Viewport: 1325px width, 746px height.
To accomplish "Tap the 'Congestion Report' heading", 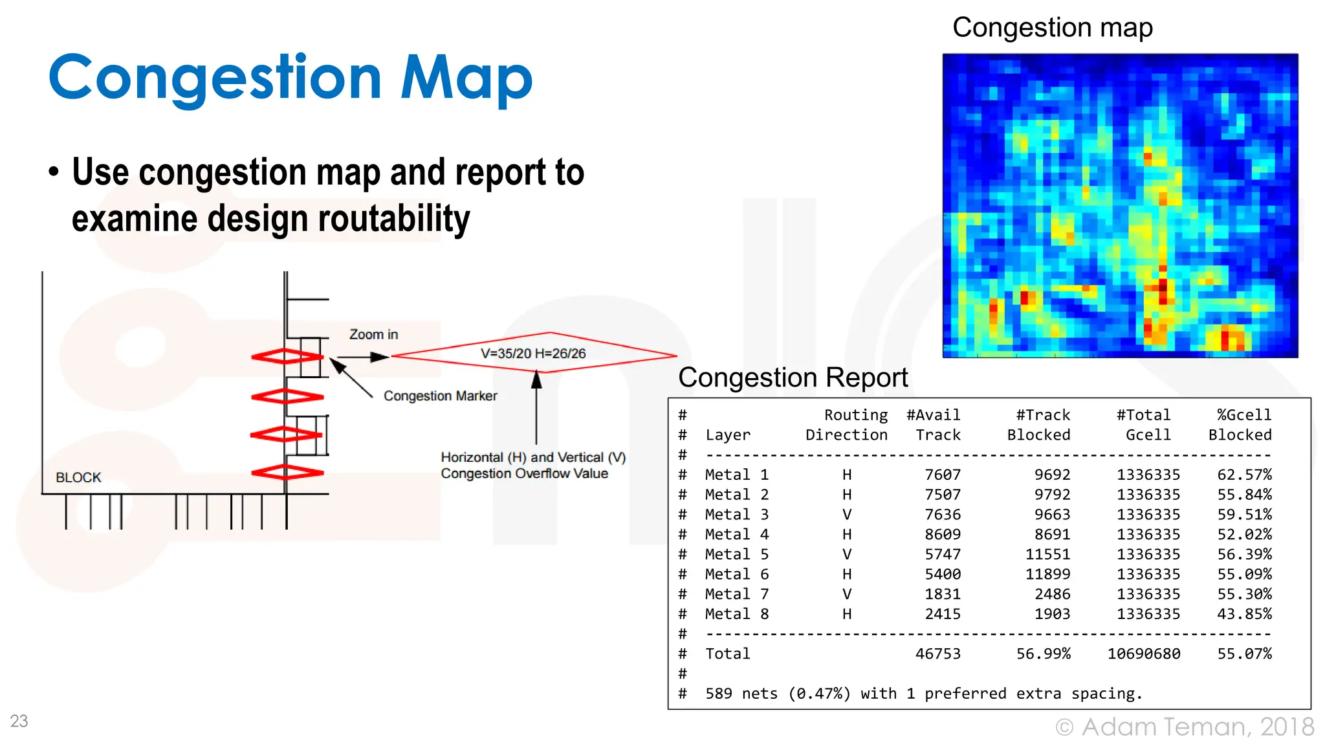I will tap(793, 378).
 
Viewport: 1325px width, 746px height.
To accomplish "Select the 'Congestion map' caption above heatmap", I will tap(1052, 28).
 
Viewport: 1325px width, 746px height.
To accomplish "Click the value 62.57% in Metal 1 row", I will tap(1243, 475).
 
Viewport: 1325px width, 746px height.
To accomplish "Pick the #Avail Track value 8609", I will tap(942, 534).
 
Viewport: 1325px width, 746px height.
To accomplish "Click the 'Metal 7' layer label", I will tap(736, 594).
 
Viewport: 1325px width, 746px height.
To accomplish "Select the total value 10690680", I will tap(1143, 654).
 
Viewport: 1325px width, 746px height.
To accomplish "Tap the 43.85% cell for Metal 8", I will tap(1243, 614).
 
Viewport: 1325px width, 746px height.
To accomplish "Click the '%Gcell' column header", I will tap(1243, 415).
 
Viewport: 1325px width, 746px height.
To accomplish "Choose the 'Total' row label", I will tap(727, 654).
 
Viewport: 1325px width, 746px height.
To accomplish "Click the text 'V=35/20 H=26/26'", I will tap(533, 354).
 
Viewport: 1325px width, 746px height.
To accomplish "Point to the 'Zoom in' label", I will tap(373, 335).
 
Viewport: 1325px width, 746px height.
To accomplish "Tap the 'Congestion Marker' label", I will tap(440, 396).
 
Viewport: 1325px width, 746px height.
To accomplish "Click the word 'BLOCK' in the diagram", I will tap(78, 478).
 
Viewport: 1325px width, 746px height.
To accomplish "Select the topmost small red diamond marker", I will tap(287, 356).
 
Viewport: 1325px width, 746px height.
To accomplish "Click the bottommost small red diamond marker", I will tap(287, 472).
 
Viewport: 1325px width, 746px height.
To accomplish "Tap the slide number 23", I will tap(19, 721).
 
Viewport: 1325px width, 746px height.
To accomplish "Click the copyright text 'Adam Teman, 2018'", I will tap(1197, 727).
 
